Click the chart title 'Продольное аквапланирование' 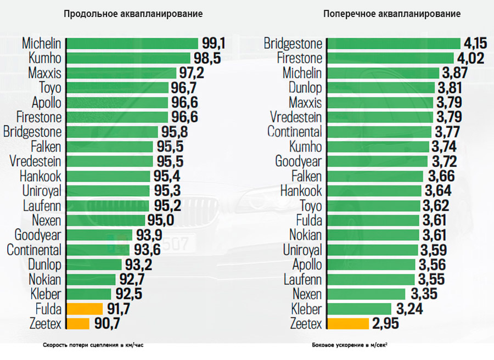(133, 14)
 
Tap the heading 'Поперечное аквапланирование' (391, 14)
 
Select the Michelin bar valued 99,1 (132, 43)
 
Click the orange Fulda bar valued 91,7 (85, 308)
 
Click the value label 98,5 (206, 58)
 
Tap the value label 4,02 (470, 58)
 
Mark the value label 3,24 (408, 309)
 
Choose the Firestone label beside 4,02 (300, 58)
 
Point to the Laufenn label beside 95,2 (42, 206)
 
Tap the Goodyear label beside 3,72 (299, 161)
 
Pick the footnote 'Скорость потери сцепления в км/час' (96, 346)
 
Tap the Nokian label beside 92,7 (45, 279)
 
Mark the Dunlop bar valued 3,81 (381, 88)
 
